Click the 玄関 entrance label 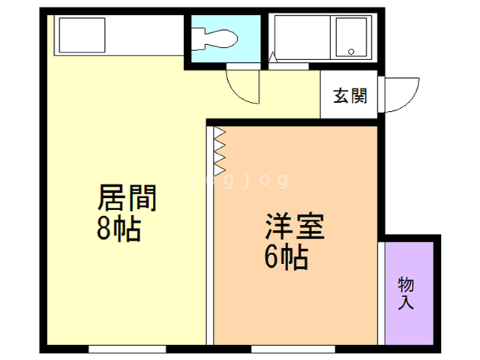[350, 96]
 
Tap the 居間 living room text [127, 198]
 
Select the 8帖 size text [118, 229]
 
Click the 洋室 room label [295, 226]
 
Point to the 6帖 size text [286, 256]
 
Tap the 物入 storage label [406, 293]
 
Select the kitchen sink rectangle [82, 35]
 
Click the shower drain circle [351, 52]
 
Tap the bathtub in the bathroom [302, 37]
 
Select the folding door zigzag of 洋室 [220, 151]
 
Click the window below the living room [127, 349]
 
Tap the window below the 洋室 [293, 349]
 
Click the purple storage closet [409, 293]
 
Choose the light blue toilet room [226, 38]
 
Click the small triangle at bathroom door [273, 57]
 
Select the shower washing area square [351, 37]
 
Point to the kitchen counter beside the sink [145, 35]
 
